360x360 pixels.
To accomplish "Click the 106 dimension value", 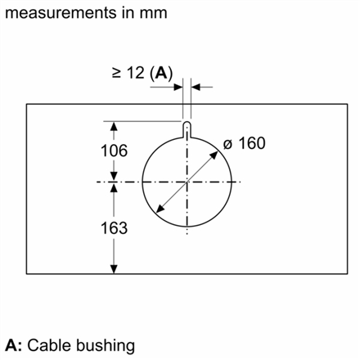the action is click(114, 151).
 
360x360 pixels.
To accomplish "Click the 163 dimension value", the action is click(114, 228).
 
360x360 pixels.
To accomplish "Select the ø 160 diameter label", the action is click(244, 143).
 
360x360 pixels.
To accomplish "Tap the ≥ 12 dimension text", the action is click(128, 73).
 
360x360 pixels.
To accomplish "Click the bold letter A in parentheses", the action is click(161, 73).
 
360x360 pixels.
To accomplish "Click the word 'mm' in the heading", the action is click(153, 14).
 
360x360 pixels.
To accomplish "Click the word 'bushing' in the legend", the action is click(106, 346).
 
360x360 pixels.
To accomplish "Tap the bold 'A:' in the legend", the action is click(13, 345).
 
